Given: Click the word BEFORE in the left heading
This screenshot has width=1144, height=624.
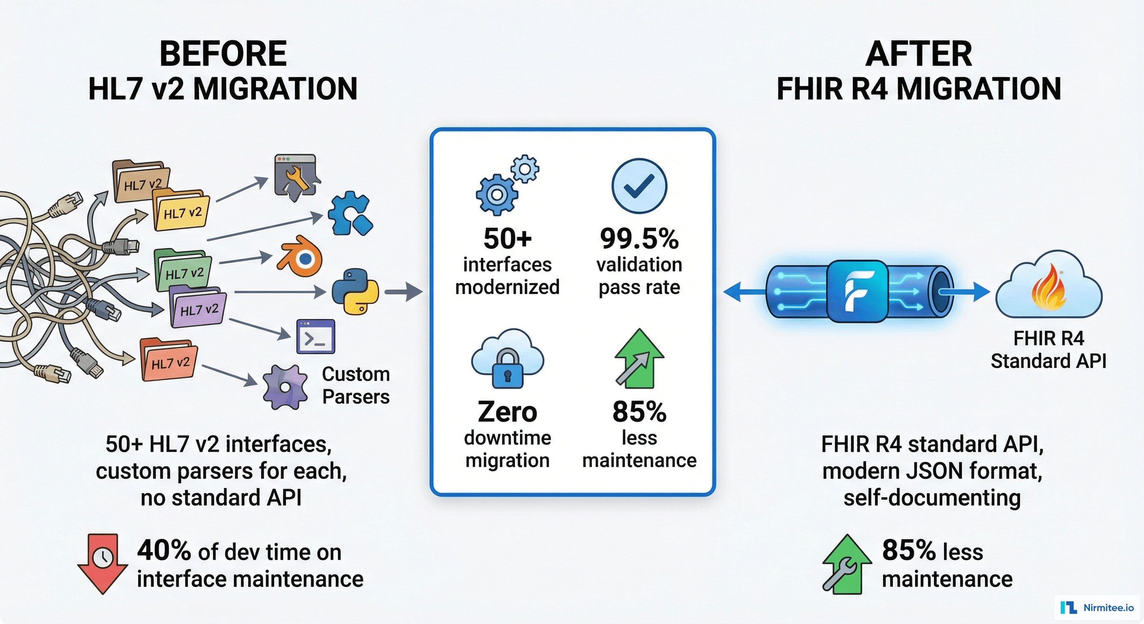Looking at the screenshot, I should click(223, 54).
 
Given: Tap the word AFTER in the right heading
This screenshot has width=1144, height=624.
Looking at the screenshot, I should click(919, 54).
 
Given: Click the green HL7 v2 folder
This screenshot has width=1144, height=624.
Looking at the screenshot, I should click(183, 270).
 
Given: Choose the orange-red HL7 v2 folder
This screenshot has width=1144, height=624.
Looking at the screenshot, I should click(169, 361).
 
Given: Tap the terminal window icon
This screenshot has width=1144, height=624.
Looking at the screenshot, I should click(316, 337).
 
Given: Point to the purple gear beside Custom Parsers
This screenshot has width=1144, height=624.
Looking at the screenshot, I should click(285, 387).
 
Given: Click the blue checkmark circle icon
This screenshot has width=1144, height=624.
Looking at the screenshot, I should click(639, 186).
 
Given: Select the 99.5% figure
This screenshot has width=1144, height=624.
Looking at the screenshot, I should click(639, 238).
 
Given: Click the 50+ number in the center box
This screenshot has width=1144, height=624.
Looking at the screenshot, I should click(507, 238).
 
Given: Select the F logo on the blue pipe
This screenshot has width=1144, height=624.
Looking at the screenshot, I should click(857, 291).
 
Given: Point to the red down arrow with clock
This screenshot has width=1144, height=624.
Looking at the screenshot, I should click(103, 562).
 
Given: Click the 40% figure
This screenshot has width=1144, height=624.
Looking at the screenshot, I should click(164, 551).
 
